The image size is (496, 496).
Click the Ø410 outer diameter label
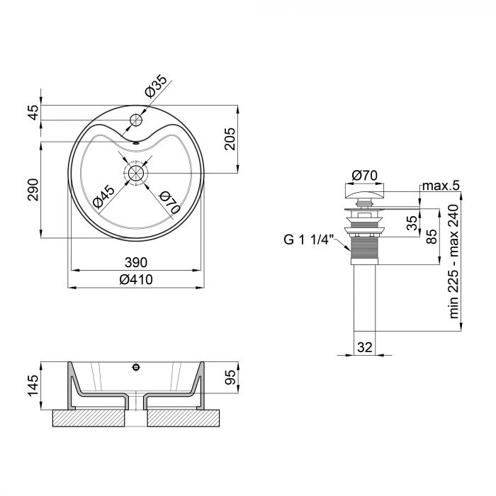click(136, 279)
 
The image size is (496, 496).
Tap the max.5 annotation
click(441, 186)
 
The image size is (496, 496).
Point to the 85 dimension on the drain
click(431, 237)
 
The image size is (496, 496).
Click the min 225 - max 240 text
click(453, 269)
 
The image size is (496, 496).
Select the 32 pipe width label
click(365, 347)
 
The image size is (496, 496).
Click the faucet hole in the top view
click(135, 115)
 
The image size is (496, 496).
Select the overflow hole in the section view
click(135, 367)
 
